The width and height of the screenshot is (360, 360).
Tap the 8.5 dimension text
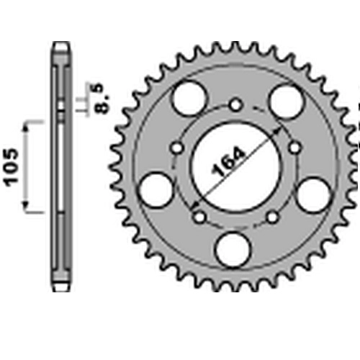[101, 99]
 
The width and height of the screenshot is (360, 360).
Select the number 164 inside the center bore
[229, 161]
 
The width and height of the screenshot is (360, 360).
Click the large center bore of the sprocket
[236, 167]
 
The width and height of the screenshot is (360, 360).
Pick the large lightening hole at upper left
[189, 99]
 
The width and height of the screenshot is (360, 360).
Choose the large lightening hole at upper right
[287, 102]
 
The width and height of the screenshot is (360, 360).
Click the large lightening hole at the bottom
[233, 250]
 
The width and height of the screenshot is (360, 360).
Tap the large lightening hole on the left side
[156, 189]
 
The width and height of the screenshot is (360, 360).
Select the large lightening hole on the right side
[314, 194]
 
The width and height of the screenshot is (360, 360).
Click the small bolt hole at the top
[235, 105]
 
